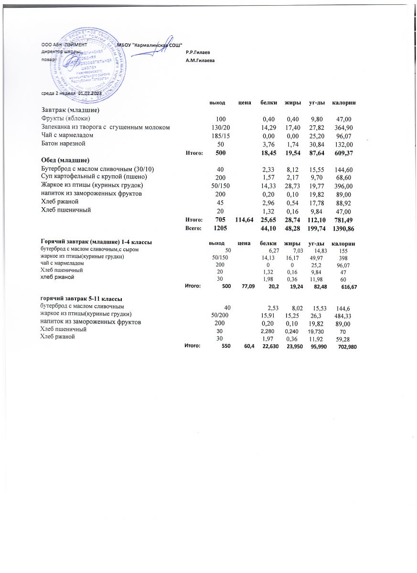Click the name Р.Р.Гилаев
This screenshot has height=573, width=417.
tap(198, 52)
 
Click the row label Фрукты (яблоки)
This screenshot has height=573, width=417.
tap(65, 118)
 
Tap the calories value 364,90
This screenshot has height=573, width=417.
tap(344, 127)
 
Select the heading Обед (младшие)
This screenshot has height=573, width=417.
tap(65, 160)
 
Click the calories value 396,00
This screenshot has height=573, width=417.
tap(344, 185)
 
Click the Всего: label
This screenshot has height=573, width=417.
tap(194, 229)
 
